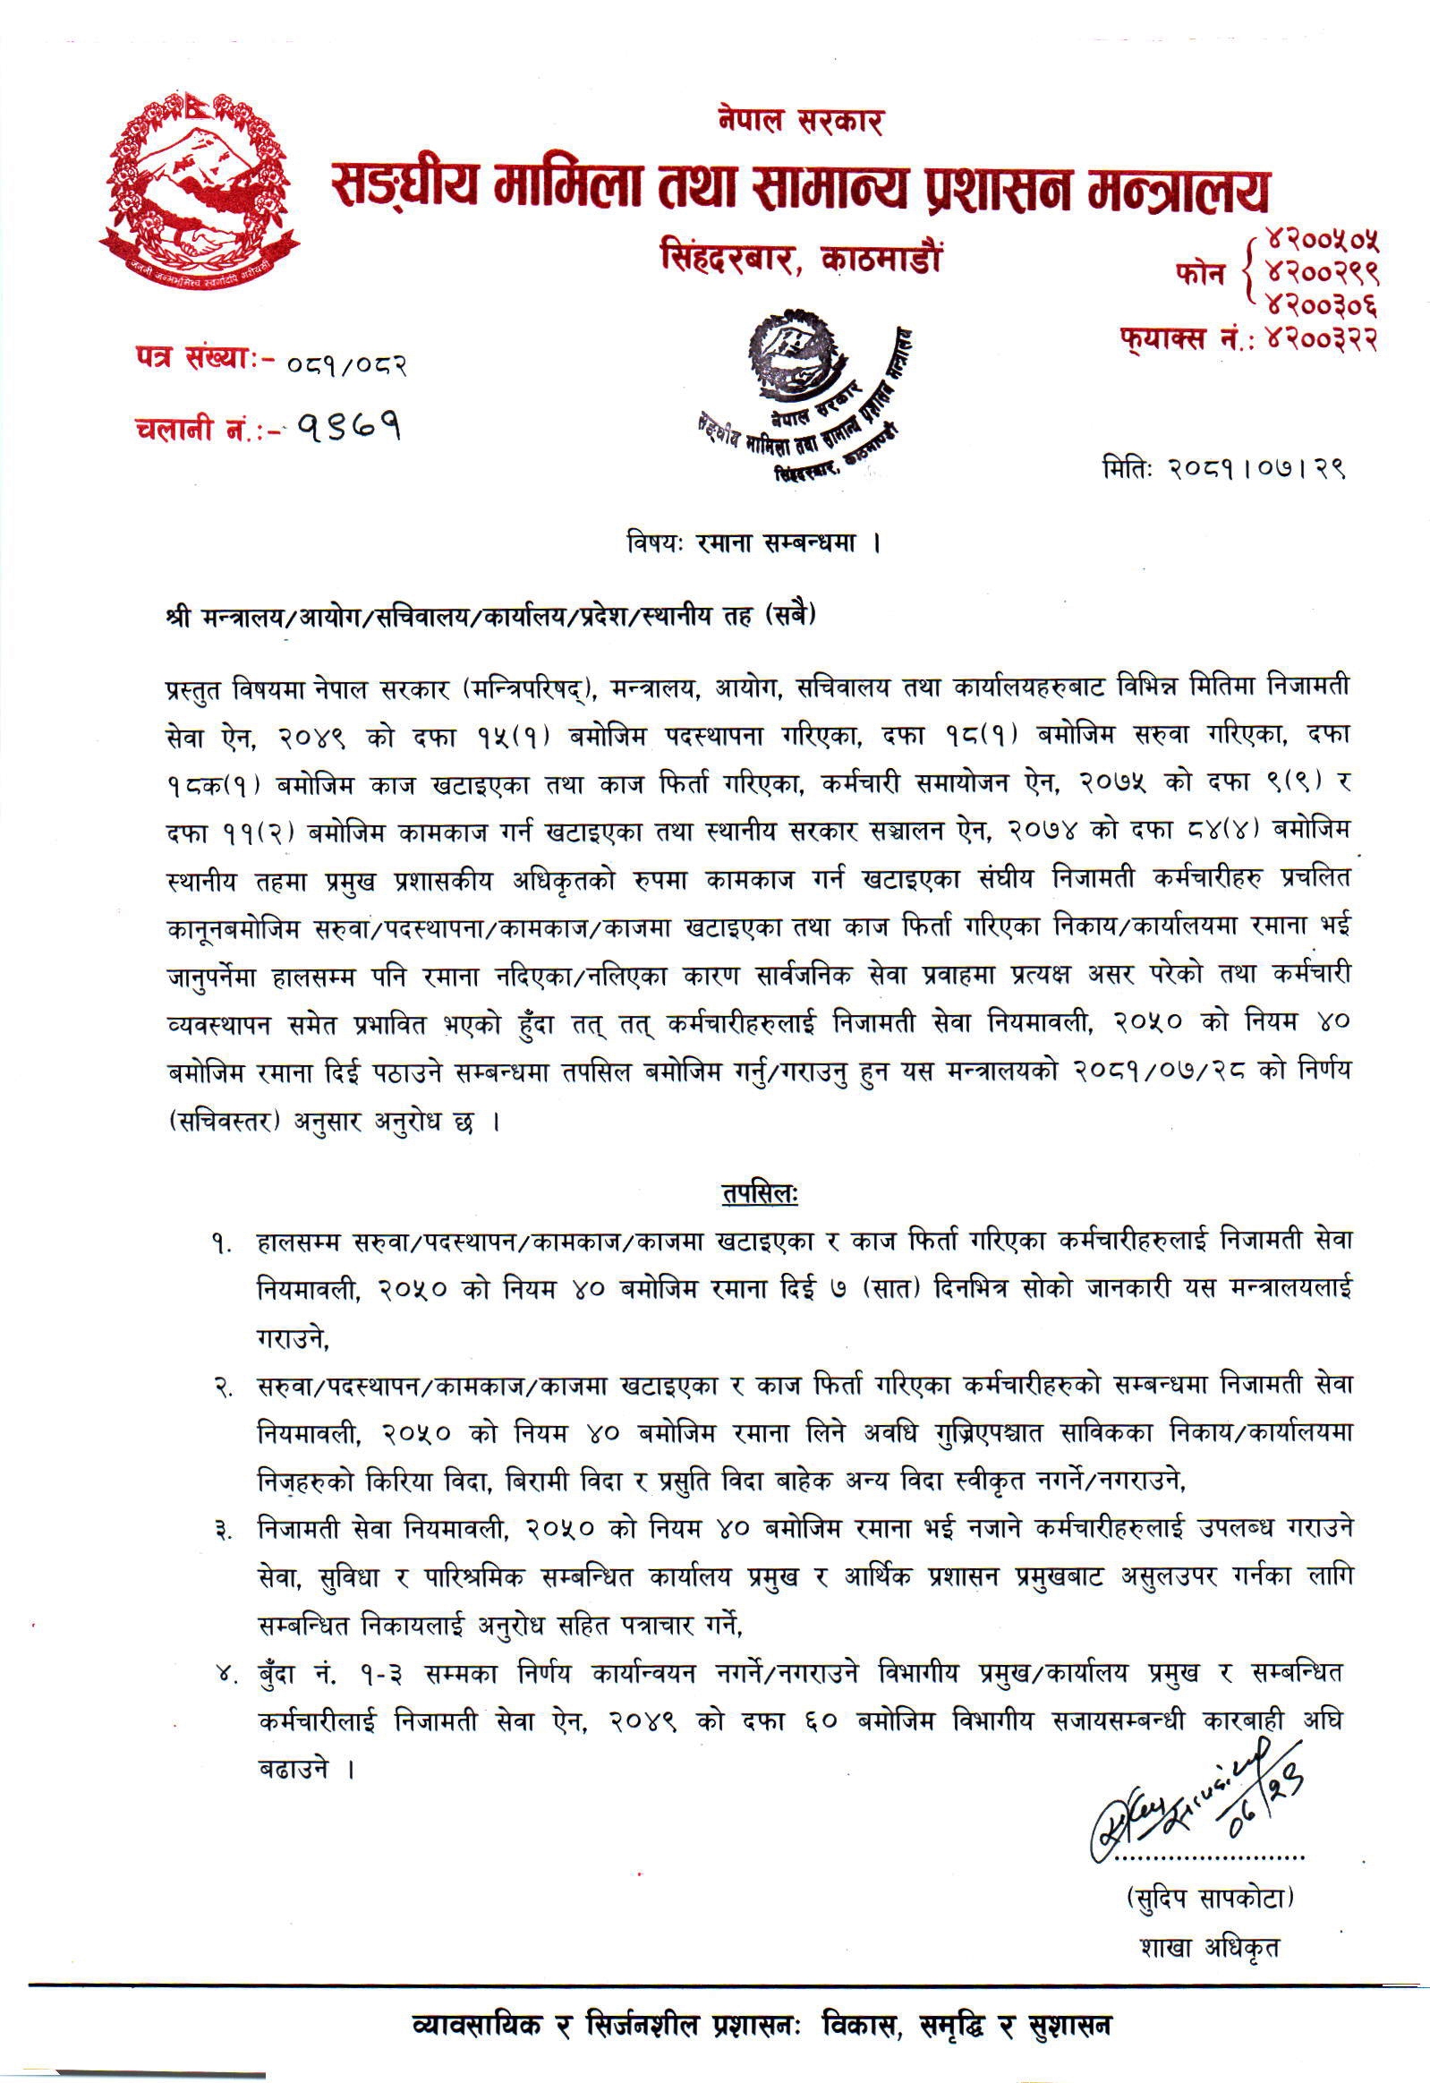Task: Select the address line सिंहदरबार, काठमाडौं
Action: coord(800,259)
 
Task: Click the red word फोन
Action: coord(1200,273)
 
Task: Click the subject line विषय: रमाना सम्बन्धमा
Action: coord(753,543)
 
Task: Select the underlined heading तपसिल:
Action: coord(759,1194)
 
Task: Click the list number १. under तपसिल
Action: coord(222,1243)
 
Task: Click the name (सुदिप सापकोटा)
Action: coord(1211,1897)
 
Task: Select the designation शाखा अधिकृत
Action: coord(1210,1947)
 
